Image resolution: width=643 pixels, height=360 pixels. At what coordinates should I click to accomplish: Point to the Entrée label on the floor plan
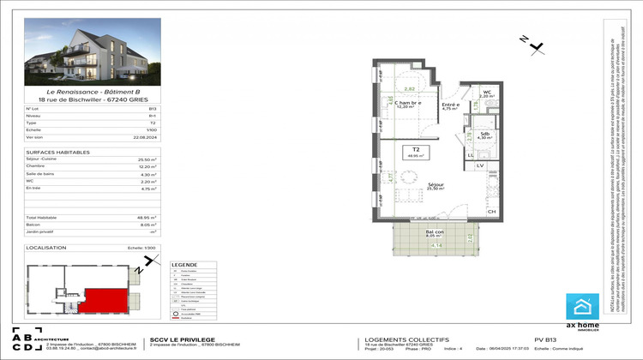[450, 105]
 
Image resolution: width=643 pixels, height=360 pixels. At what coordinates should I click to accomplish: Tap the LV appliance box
[481, 165]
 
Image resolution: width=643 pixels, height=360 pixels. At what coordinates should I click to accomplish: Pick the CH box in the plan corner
[491, 211]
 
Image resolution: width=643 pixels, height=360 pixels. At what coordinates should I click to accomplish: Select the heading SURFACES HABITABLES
[53, 152]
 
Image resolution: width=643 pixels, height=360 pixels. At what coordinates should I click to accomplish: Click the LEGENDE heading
[184, 265]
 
